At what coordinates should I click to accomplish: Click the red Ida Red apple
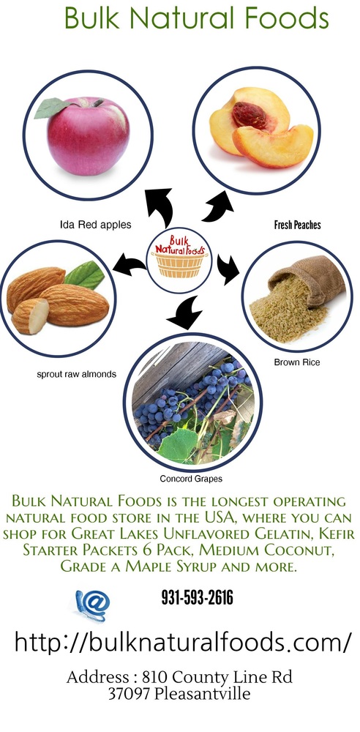point(89,137)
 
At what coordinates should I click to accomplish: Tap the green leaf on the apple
point(52,108)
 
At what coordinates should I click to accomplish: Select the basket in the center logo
point(180,264)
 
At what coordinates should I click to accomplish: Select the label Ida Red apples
point(96,225)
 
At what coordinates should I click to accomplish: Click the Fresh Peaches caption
point(297,225)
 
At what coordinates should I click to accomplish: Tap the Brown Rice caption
point(297,362)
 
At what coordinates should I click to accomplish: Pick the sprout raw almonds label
point(77,374)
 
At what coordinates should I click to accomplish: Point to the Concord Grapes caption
point(191,479)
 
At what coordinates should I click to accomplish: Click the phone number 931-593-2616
point(197,597)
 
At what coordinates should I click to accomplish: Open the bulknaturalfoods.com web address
point(182,643)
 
